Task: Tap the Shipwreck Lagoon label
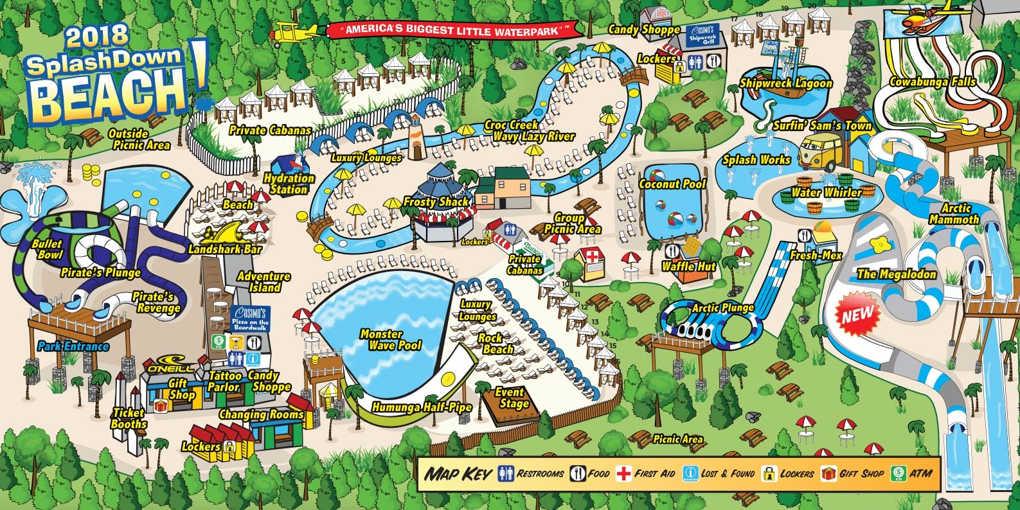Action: (785, 83)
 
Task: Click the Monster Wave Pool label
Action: (390, 340)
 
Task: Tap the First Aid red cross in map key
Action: (622, 474)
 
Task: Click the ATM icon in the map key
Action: (896, 474)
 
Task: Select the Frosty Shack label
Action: (437, 202)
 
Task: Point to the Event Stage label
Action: (511, 398)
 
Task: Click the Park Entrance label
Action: (73, 346)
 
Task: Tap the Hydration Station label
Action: (289, 184)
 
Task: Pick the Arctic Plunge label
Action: (722, 308)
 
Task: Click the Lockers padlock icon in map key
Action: (768, 474)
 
